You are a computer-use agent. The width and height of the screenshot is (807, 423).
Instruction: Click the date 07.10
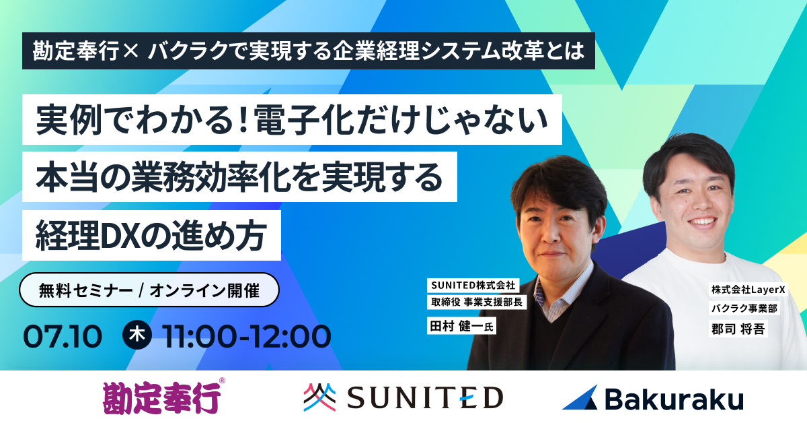(x=63, y=336)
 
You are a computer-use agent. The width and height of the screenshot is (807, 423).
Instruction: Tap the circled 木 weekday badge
(x=137, y=335)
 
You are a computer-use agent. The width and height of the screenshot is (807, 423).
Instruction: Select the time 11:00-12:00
(x=246, y=336)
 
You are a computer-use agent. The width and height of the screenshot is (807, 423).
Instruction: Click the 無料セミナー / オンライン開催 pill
(x=149, y=290)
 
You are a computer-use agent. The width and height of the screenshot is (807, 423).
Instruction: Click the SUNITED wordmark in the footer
(x=425, y=397)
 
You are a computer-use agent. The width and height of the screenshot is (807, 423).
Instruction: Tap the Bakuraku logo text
(x=674, y=399)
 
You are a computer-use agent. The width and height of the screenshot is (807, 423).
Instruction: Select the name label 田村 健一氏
(x=461, y=326)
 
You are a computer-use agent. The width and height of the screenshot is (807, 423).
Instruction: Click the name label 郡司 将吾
(x=738, y=329)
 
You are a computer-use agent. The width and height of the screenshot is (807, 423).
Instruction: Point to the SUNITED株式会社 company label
(x=473, y=285)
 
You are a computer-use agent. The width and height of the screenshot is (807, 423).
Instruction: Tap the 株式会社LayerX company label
(x=748, y=289)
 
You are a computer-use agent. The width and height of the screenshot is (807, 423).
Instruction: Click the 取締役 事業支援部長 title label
(x=477, y=302)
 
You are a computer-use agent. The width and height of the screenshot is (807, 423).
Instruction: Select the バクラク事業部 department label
(x=744, y=308)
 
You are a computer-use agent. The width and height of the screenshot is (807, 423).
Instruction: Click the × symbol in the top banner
(x=130, y=51)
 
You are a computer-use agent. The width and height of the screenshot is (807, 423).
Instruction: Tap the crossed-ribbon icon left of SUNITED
(x=319, y=397)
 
